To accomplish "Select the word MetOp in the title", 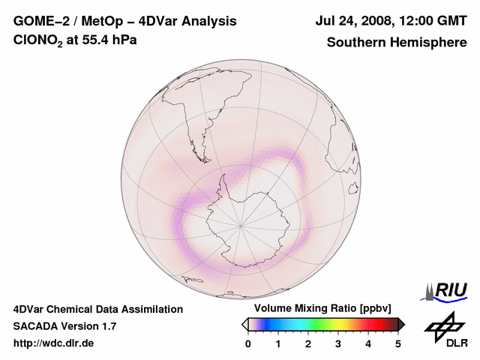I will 100,22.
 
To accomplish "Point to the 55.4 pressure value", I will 99,40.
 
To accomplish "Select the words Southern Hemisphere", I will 396,42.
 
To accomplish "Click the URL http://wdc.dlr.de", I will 54,343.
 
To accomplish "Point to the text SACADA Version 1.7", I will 64,326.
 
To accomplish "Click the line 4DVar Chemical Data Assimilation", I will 98,309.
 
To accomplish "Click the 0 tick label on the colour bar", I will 248,343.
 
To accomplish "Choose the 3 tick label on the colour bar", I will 338,343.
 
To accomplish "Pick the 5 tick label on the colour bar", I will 398,343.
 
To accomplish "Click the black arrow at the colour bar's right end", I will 401,324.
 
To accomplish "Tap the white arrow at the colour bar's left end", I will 244,324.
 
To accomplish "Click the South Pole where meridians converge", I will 241,224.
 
